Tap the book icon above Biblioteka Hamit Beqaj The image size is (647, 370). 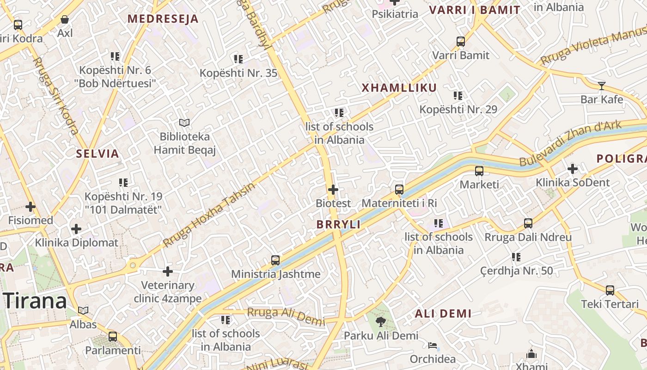pos(184,123)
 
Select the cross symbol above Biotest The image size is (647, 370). pos(333,189)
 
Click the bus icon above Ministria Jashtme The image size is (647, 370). pos(275,260)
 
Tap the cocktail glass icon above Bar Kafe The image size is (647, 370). pos(601,86)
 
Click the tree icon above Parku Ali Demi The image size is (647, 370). pos(381,321)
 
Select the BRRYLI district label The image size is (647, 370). pos(338,224)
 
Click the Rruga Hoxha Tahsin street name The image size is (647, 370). pos(209,215)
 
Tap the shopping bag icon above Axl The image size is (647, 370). pos(65,19)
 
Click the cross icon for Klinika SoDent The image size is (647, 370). pos(572,169)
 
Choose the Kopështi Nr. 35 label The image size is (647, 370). pos(238,73)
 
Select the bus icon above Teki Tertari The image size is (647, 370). pos(610,290)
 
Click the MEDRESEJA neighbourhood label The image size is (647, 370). pos(163,19)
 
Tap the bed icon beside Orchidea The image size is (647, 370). pos(433,345)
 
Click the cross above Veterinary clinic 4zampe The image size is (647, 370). pos(168,271)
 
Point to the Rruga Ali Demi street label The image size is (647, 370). pos(286,315)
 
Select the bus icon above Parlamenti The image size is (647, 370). pos(112,336)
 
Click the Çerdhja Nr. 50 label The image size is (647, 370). pos(516,271)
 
